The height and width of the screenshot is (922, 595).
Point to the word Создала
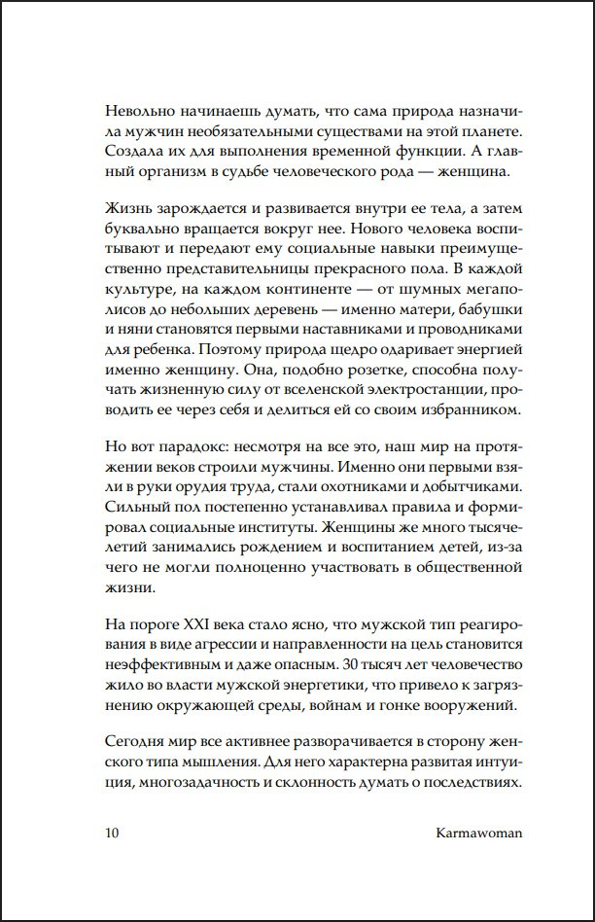tap(128, 152)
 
